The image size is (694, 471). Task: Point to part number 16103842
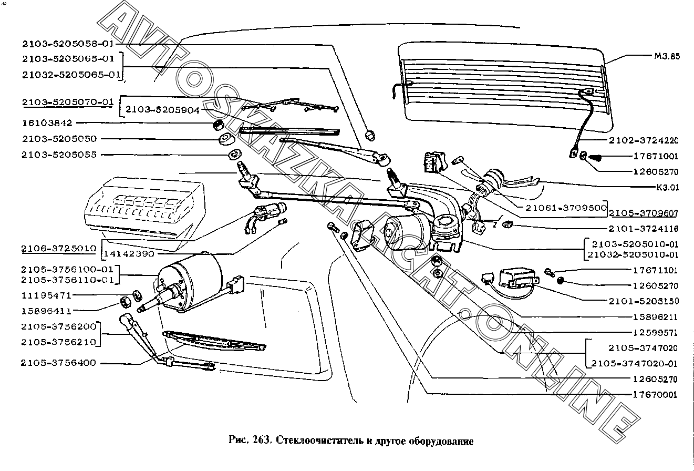tap(47, 123)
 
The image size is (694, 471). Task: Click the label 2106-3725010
tap(58, 248)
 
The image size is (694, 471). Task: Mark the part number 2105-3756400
tap(59, 363)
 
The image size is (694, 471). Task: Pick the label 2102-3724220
tap(644, 140)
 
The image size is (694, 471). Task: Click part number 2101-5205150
tap(644, 301)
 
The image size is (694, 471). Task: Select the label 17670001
tap(655, 395)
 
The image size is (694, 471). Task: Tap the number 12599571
tap(655, 333)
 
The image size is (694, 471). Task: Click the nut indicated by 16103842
tap(217, 125)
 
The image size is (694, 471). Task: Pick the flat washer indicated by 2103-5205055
tap(234, 155)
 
